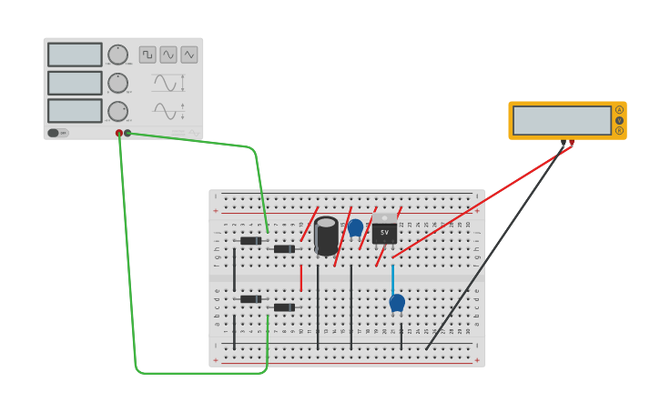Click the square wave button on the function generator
click(x=147, y=55)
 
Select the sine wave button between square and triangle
click(x=168, y=55)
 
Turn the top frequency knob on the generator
click(x=118, y=55)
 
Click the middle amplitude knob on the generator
click(x=118, y=83)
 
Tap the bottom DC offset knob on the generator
click(x=118, y=111)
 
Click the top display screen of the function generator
click(x=75, y=55)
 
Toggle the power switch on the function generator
click(x=55, y=133)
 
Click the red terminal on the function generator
click(x=119, y=133)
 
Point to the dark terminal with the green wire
click(x=127, y=133)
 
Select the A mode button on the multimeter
click(x=619, y=110)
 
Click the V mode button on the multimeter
click(x=619, y=120)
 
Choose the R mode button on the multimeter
click(x=619, y=130)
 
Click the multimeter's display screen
click(x=562, y=120)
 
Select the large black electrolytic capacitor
click(x=326, y=236)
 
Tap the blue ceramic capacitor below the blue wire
click(x=397, y=302)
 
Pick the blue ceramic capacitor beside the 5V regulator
click(x=355, y=227)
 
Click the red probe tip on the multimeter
click(x=572, y=144)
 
